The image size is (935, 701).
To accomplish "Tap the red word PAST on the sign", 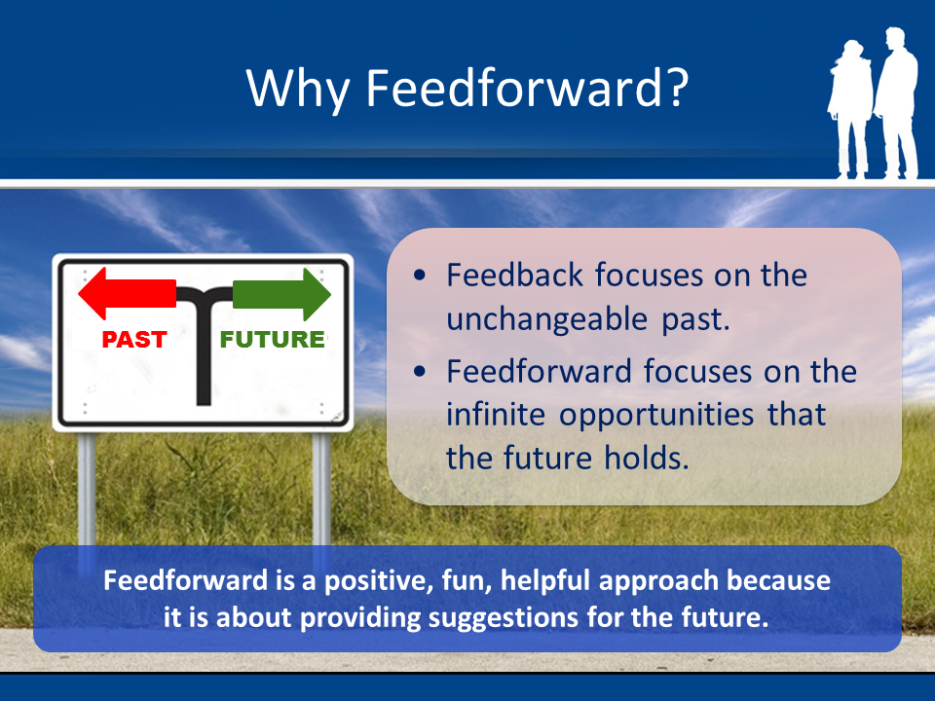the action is (x=135, y=340).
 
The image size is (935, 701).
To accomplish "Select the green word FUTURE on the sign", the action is (x=272, y=340).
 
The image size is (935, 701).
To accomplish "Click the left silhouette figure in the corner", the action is (x=848, y=112).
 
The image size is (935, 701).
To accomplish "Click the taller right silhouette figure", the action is (x=897, y=102).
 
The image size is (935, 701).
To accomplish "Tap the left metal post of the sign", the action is (x=87, y=487).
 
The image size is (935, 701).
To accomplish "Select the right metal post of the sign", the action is (x=320, y=487).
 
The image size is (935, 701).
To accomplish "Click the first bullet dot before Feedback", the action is (x=419, y=277).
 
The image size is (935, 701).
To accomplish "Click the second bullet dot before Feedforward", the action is (x=419, y=372).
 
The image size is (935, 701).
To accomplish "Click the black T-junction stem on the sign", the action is (x=204, y=360).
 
